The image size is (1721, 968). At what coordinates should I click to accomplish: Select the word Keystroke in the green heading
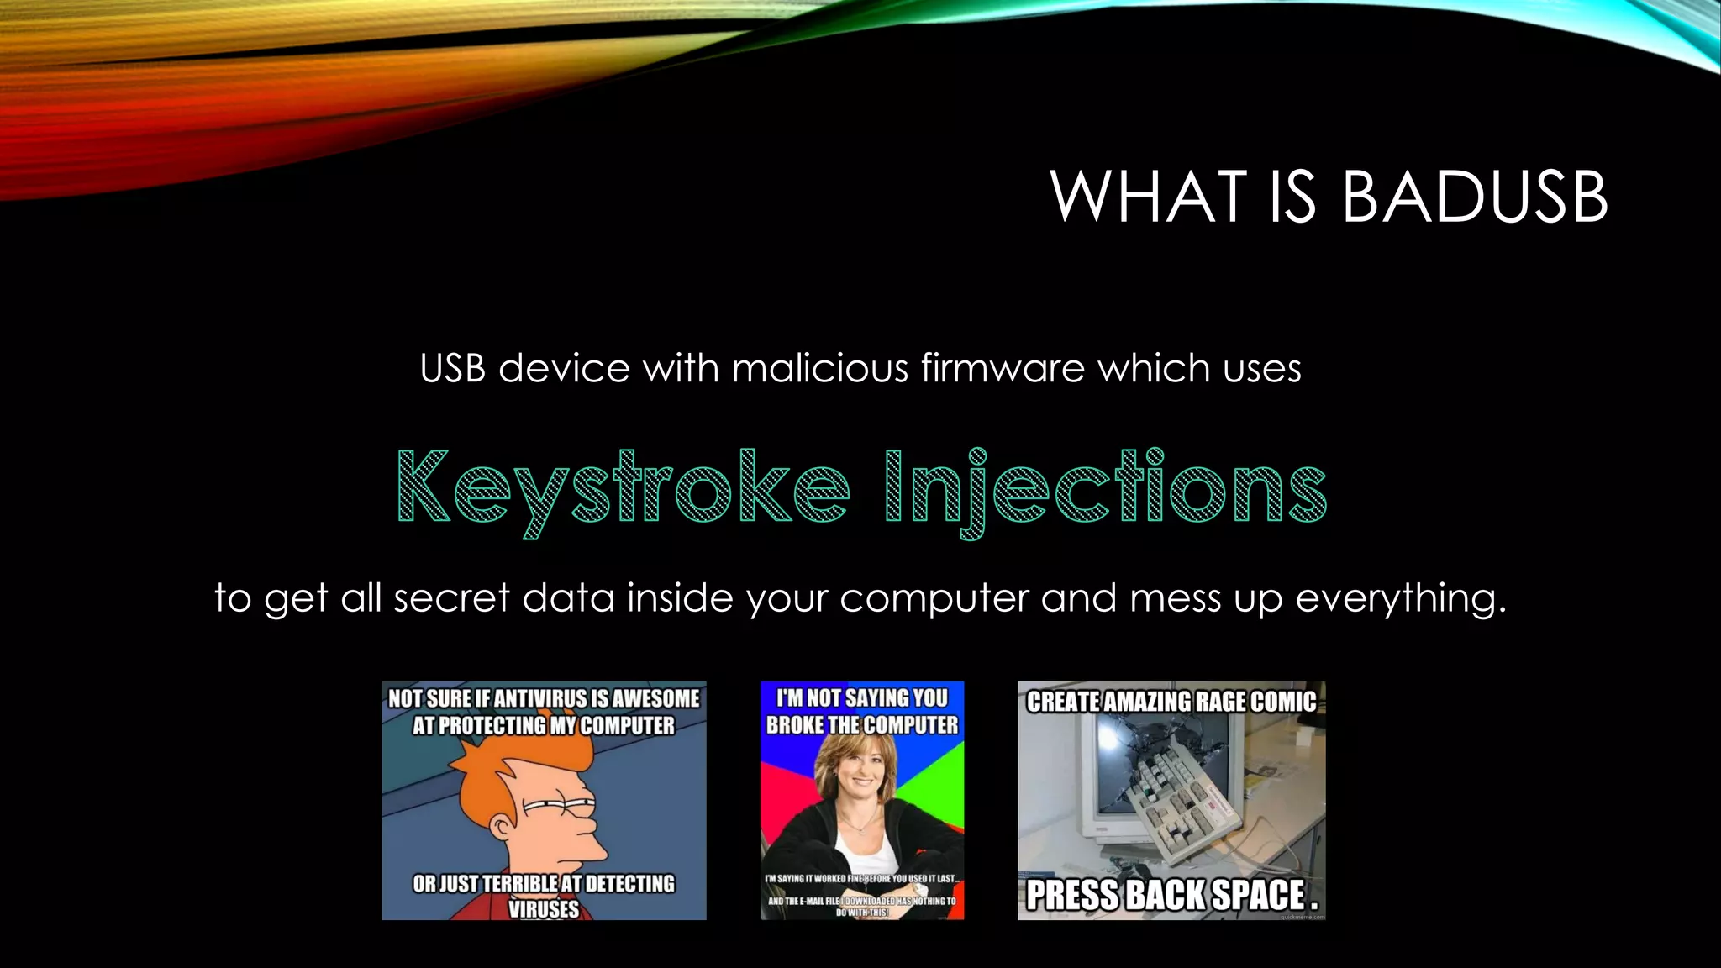(623, 489)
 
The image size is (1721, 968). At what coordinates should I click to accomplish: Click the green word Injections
(1105, 489)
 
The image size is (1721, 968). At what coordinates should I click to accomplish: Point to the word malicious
(820, 368)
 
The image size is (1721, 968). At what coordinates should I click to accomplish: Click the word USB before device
(452, 368)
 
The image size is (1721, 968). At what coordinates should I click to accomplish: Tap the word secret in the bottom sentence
(451, 598)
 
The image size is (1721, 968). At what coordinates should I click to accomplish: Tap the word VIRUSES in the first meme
(544, 908)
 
